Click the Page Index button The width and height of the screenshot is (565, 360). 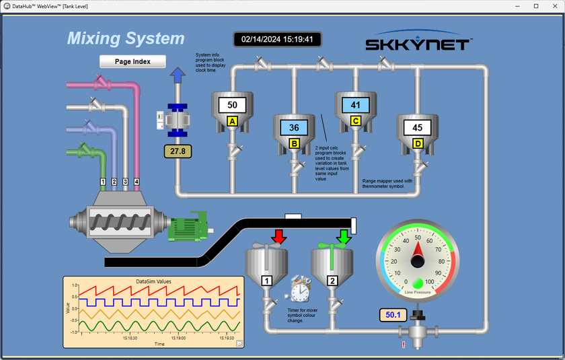(x=133, y=61)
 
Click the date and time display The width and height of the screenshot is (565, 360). (x=277, y=40)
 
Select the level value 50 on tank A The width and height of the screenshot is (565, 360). (x=233, y=105)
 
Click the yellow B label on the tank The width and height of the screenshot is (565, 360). (x=294, y=143)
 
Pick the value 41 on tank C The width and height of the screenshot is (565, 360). (x=356, y=105)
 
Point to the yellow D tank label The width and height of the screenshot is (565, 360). (x=418, y=143)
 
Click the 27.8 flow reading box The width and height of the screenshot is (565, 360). (x=178, y=151)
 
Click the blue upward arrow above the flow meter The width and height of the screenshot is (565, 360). (x=178, y=75)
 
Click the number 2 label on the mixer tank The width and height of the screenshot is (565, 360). (x=332, y=281)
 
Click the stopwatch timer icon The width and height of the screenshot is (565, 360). (x=299, y=289)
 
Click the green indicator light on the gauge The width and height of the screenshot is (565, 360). (x=418, y=282)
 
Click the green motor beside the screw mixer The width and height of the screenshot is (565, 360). (x=188, y=228)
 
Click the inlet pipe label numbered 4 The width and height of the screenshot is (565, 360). (x=137, y=182)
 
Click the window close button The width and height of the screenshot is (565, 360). (x=554, y=6)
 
